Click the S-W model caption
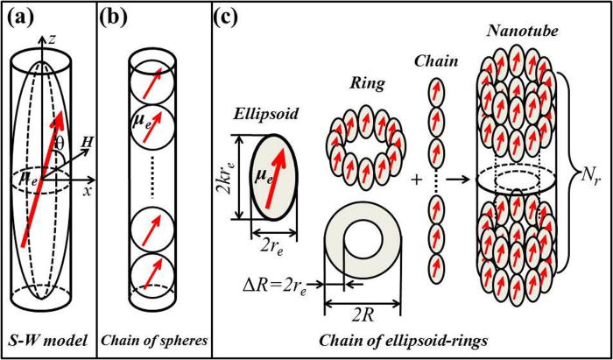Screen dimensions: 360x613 click(x=53, y=340)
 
